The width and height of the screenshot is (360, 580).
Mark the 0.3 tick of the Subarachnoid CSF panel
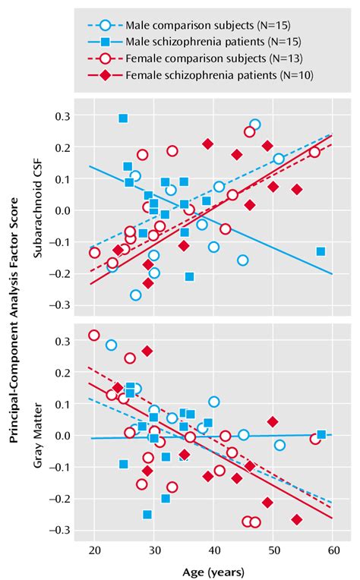click(58, 115)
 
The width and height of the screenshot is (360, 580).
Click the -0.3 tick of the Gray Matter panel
click(58, 530)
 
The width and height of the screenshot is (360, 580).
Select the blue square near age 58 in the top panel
click(321, 251)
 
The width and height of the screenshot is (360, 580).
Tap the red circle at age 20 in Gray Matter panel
click(94, 335)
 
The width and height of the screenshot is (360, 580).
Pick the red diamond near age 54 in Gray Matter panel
click(296, 520)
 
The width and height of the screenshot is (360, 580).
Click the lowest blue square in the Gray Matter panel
click(147, 515)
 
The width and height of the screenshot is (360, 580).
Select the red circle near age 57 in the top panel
click(314, 152)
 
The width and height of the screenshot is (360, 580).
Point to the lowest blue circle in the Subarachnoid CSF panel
click(135, 295)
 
